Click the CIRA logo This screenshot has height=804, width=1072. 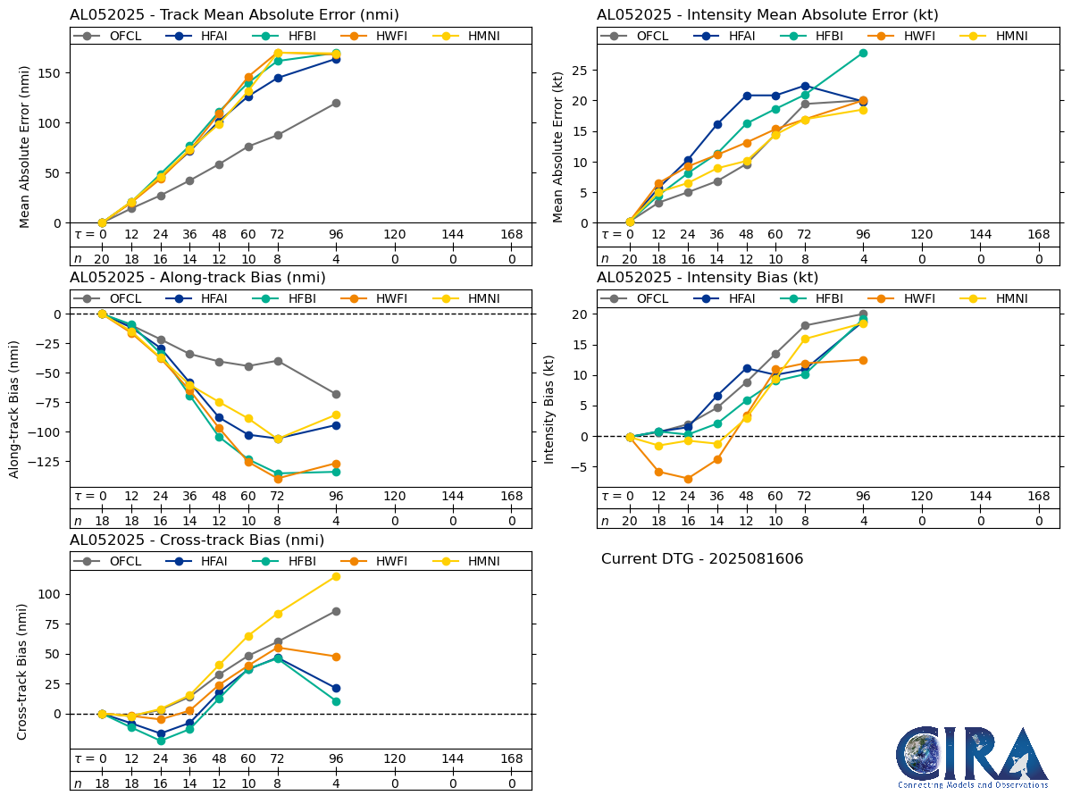coord(972,756)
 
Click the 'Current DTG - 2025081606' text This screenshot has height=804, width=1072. coord(702,559)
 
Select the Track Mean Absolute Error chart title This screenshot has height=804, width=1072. coord(234,15)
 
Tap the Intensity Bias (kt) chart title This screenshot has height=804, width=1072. coord(708,278)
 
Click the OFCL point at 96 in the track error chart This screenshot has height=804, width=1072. coord(336,103)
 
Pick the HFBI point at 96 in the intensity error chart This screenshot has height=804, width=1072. coord(863,53)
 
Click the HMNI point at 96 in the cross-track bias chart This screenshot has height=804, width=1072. coord(336,576)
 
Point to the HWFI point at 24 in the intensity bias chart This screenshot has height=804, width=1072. coord(688,479)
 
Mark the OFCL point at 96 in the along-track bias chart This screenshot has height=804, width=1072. coord(336,394)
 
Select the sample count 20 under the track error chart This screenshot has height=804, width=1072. coord(102,258)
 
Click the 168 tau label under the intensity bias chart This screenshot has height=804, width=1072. coord(1039,497)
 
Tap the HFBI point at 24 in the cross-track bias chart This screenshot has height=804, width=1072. coord(161,741)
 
